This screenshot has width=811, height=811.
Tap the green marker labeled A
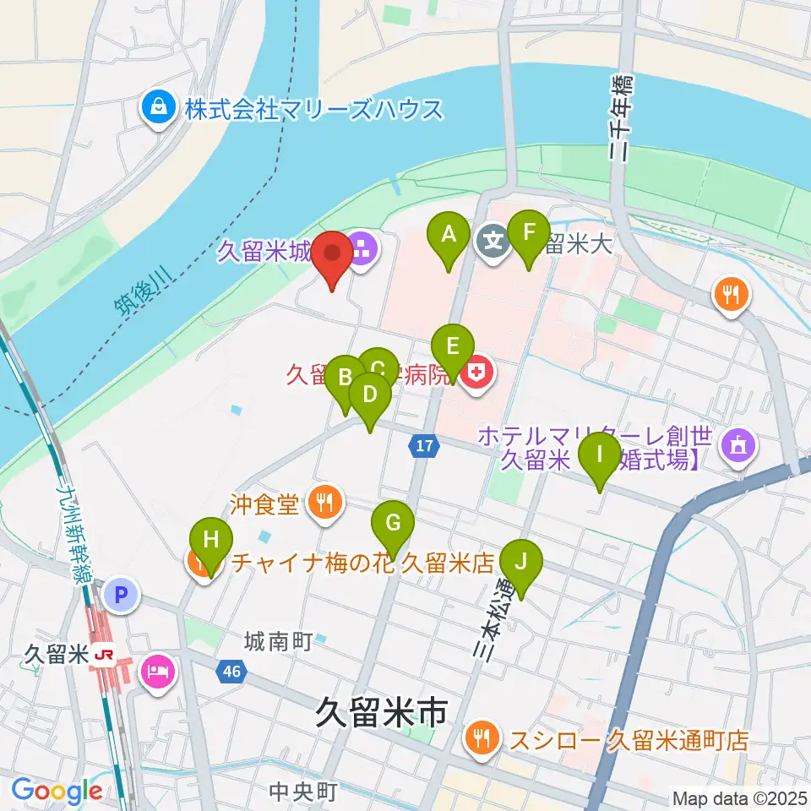coord(449,234)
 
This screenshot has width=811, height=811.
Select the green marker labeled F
coord(529,233)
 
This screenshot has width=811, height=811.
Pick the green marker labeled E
coord(452,347)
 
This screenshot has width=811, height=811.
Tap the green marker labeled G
coord(393,524)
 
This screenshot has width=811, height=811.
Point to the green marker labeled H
coord(210,540)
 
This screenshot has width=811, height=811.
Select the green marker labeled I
coord(600,455)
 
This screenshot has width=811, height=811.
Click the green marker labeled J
coord(520,562)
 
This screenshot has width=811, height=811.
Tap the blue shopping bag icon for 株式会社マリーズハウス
coord(157,108)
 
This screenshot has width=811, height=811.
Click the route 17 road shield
coord(424,445)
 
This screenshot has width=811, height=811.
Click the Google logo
coord(57,792)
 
